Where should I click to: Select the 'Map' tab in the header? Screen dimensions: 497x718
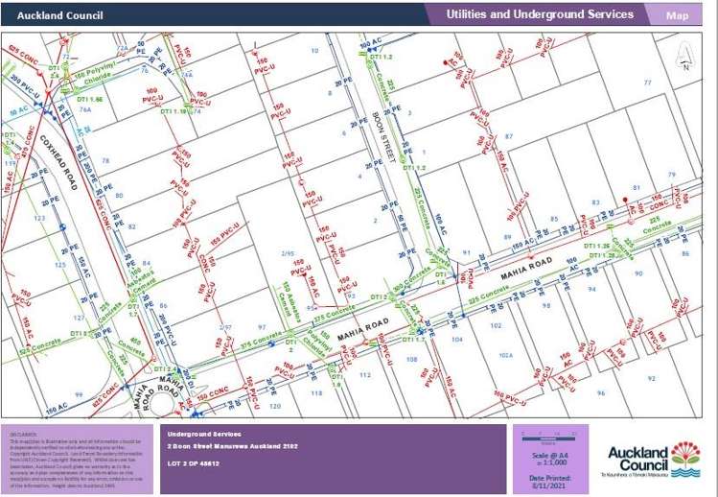(677, 15)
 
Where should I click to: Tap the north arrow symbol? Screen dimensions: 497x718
(684, 59)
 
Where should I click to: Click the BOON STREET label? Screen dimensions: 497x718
(383, 136)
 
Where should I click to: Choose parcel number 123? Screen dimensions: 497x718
(39, 219)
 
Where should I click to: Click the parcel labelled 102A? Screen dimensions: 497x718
(506, 354)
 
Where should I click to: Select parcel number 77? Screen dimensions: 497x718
(647, 83)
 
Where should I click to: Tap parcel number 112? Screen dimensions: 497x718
(364, 375)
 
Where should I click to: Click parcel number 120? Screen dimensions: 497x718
(275, 406)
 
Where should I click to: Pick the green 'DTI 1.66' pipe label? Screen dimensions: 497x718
(90, 99)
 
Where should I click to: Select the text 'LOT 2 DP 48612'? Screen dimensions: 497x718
(194, 463)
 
